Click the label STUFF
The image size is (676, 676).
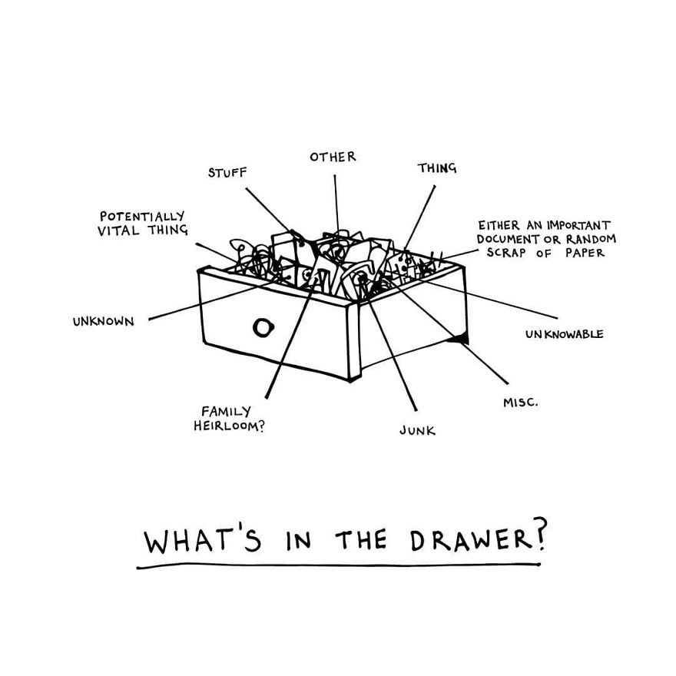(227, 173)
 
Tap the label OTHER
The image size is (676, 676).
(333, 157)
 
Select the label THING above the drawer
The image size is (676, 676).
(437, 167)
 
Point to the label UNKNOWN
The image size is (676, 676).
(103, 322)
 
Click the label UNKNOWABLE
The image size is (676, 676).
(564, 334)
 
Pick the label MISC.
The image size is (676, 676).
(520, 401)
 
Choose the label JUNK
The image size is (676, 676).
(417, 431)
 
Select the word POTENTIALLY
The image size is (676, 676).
(141, 217)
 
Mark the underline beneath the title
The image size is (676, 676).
(338, 567)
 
